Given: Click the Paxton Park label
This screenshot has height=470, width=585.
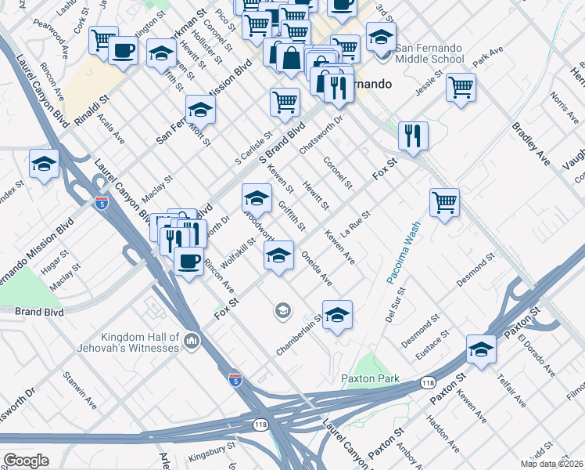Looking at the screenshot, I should tap(370, 379).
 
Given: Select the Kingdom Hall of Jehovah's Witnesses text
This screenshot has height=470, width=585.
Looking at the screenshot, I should tap(127, 342).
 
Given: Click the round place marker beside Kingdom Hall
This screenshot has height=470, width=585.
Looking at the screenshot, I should tap(192, 341).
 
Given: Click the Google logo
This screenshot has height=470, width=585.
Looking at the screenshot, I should tap(26, 461).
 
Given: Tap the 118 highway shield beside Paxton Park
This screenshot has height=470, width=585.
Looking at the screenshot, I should tap(426, 381).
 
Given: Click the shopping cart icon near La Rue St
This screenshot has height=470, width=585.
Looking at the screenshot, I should tap(444, 202).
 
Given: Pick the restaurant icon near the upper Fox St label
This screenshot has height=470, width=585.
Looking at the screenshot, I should tap(412, 135).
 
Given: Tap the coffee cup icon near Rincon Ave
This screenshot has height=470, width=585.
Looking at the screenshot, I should tap(187, 260).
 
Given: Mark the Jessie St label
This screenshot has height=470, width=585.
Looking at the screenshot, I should tap(430, 83).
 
